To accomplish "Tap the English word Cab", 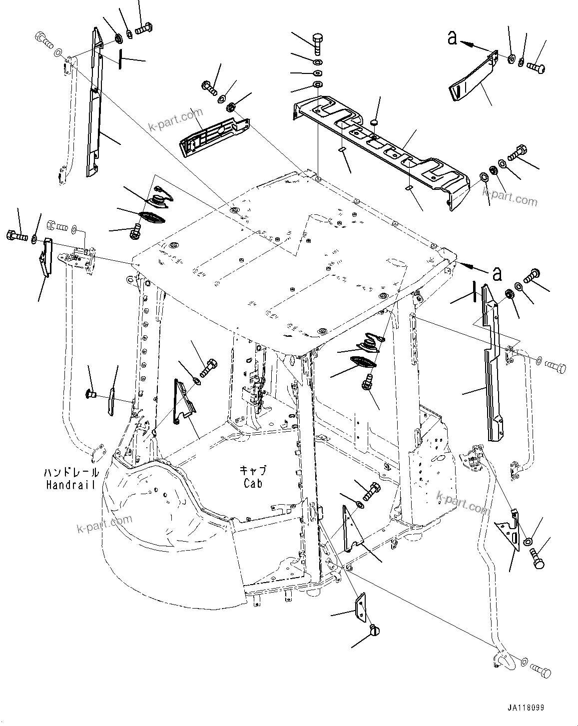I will (x=253, y=483).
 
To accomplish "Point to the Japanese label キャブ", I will (x=253, y=471).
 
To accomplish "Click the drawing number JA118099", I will (x=525, y=708).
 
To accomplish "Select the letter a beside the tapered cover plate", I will (x=452, y=38).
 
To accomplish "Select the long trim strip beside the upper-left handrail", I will (x=93, y=105).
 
